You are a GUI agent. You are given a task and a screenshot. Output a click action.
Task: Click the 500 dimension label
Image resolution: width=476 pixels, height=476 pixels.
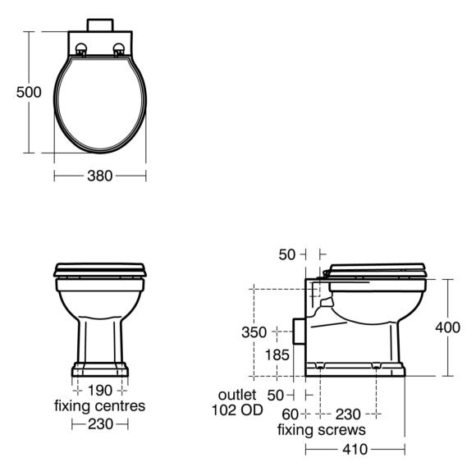pos(29,92)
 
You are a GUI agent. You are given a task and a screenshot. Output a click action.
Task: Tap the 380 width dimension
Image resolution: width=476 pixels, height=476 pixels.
pos(100,176)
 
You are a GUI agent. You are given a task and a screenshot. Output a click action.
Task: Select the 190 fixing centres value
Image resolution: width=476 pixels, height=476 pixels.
pos(100,391)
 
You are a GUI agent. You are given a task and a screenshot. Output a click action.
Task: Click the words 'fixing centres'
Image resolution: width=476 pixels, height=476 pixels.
pos(100,406)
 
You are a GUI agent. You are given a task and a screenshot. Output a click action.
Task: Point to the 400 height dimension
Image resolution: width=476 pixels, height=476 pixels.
pos(448,327)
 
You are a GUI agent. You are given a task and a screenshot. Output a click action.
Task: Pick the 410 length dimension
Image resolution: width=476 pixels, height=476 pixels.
pos(355,449)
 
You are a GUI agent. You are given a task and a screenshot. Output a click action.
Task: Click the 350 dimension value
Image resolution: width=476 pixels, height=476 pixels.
pos(254,332)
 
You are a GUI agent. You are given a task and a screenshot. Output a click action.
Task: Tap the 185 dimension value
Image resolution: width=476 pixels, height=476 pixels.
pos(277,355)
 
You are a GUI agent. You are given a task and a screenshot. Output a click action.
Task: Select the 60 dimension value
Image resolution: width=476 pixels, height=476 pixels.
pos(291,414)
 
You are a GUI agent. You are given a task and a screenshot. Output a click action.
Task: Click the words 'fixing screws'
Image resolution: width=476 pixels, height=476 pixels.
pos(322,430)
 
